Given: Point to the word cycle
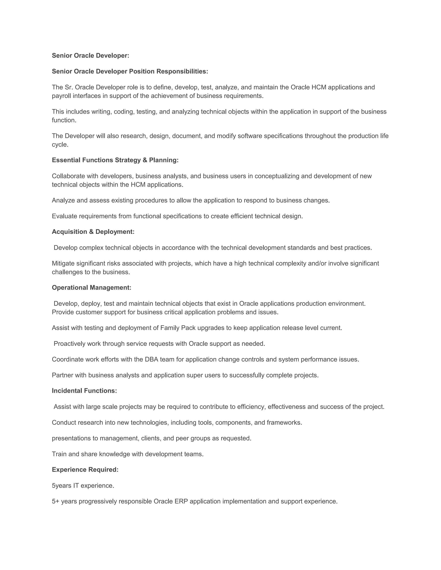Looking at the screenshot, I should (60, 145).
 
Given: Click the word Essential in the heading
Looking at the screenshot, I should (66, 160).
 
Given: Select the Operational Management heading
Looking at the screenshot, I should (92, 288).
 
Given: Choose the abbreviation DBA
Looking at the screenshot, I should (151, 359).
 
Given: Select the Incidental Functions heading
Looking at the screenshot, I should (84, 391).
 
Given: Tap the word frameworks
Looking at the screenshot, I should (284, 422).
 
